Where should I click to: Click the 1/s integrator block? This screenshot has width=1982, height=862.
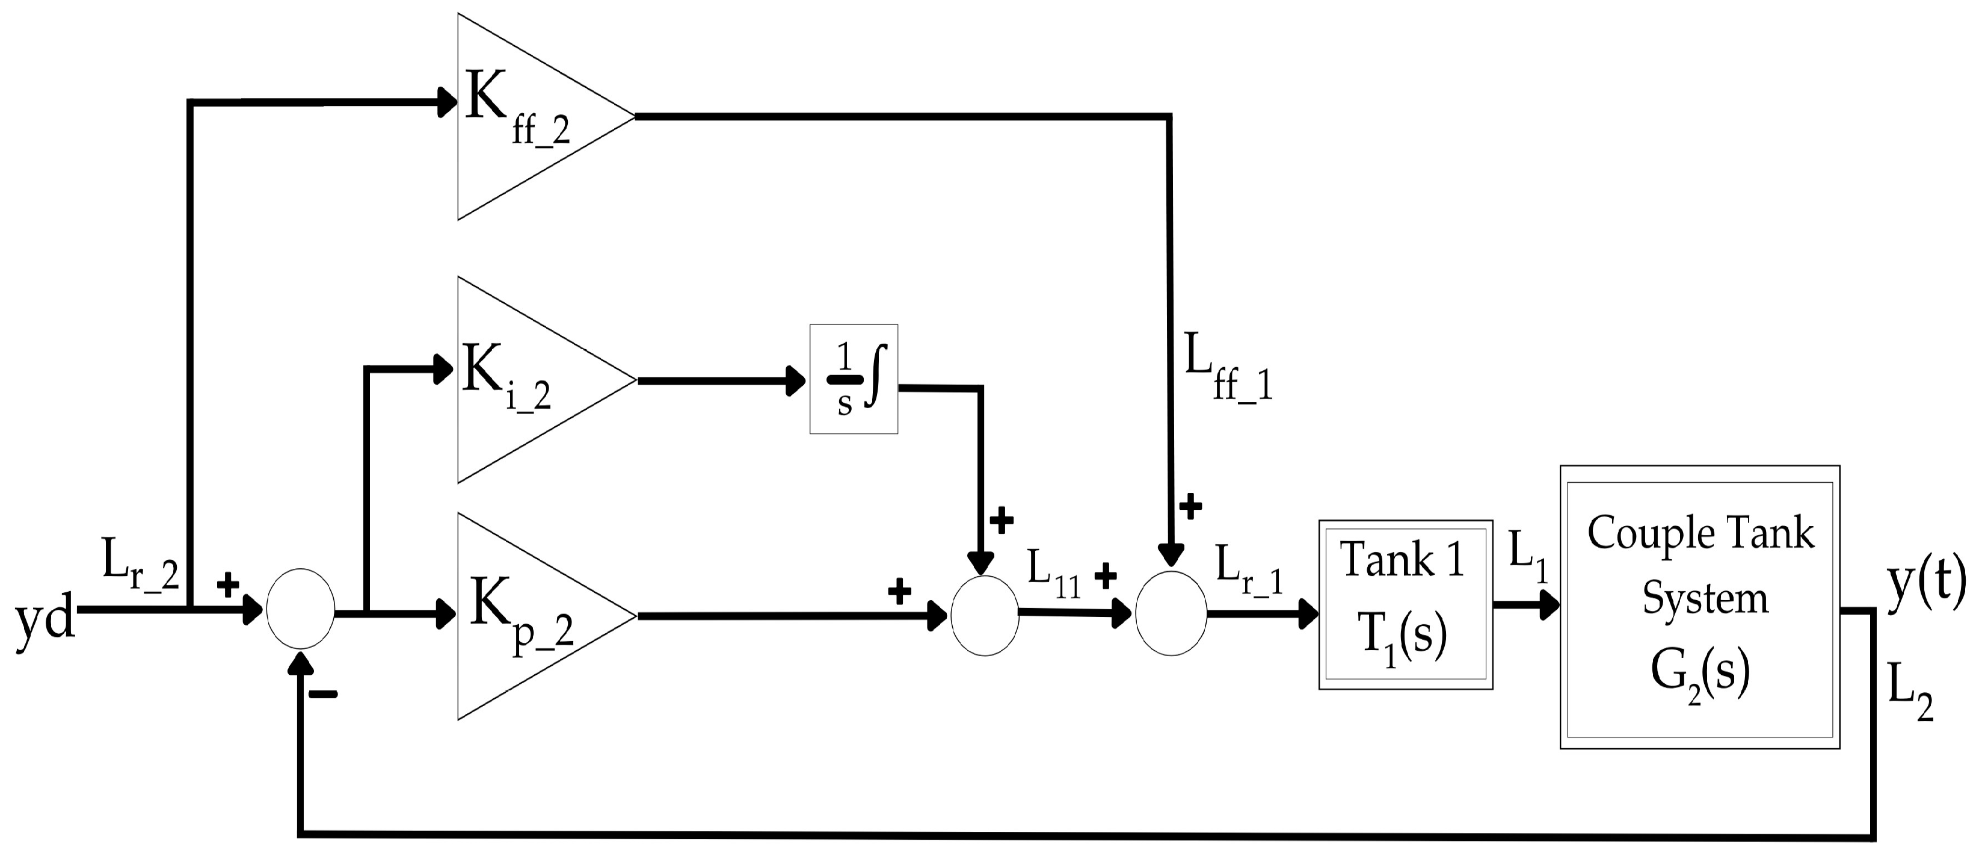click(x=854, y=379)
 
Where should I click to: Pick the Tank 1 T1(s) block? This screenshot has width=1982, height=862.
click(x=1405, y=604)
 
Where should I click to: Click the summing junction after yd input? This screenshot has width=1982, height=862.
click(x=300, y=609)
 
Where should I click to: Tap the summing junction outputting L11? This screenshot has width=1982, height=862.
click(x=985, y=615)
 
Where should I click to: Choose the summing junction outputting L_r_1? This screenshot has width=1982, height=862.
click(x=1171, y=613)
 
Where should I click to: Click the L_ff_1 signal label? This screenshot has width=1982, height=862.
click(x=1227, y=370)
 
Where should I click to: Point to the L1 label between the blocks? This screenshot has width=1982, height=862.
click(x=1527, y=569)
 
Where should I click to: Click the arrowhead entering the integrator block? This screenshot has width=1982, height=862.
click(x=796, y=380)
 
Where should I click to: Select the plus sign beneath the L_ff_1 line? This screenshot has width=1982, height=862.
click(x=1190, y=506)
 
